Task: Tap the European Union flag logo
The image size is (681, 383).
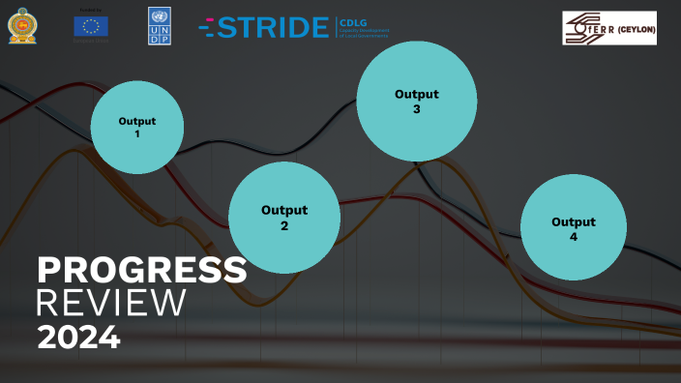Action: pyautogui.click(x=91, y=26)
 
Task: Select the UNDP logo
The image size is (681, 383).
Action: pyautogui.click(x=161, y=24)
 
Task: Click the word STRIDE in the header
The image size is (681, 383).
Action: pyautogui.click(x=273, y=28)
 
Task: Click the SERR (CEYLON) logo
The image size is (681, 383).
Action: pyautogui.click(x=609, y=28)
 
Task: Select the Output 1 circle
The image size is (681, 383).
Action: pyautogui.click(x=136, y=128)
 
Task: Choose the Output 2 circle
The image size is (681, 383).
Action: pyautogui.click(x=283, y=218)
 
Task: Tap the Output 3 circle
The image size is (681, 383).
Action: pyautogui.click(x=416, y=102)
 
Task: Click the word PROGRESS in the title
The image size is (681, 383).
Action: pyautogui.click(x=141, y=271)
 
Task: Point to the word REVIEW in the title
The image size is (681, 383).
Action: pyautogui.click(x=110, y=303)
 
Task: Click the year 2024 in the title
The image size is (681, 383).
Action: pyautogui.click(x=78, y=337)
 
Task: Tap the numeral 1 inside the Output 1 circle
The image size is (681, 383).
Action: pyautogui.click(x=137, y=133)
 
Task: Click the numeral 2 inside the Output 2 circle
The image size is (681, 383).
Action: pyautogui.click(x=284, y=226)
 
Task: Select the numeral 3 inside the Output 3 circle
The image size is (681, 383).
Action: pyautogui.click(x=417, y=109)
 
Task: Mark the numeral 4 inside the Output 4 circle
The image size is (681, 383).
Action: pyautogui.click(x=574, y=236)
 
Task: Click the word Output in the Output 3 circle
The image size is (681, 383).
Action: pyautogui.click(x=417, y=94)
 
